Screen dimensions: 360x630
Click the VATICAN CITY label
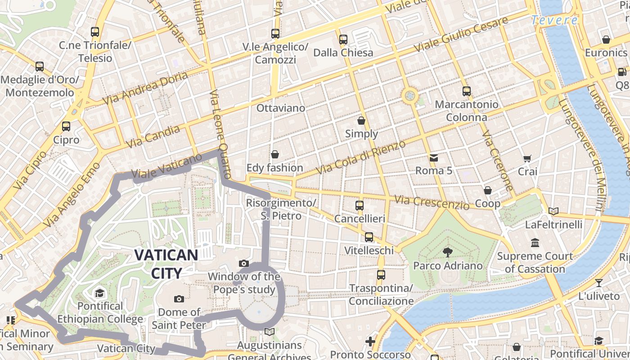(x=166, y=264)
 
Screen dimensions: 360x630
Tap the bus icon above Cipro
(x=66, y=126)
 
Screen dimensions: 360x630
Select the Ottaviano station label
(x=280, y=108)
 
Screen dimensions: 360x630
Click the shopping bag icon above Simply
(x=361, y=121)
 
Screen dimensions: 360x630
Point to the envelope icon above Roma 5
(x=434, y=157)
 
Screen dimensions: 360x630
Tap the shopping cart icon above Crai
(x=527, y=158)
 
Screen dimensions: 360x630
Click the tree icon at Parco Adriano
(x=447, y=252)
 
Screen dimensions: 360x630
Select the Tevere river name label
(x=554, y=20)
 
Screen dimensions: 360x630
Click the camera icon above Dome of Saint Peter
(x=179, y=299)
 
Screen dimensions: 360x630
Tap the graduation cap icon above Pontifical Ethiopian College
(x=99, y=293)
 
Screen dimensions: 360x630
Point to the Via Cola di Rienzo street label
(x=361, y=157)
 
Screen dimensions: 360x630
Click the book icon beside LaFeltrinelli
(x=553, y=211)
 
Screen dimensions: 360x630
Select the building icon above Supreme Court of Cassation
(x=535, y=243)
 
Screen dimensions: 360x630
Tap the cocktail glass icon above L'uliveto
(x=599, y=283)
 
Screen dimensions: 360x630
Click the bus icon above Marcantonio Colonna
(x=466, y=91)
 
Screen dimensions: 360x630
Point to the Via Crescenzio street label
(x=432, y=202)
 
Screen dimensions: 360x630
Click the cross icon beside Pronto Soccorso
(x=370, y=342)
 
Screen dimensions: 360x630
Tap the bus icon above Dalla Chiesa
(x=343, y=40)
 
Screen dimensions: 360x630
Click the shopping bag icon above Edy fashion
(x=275, y=155)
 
